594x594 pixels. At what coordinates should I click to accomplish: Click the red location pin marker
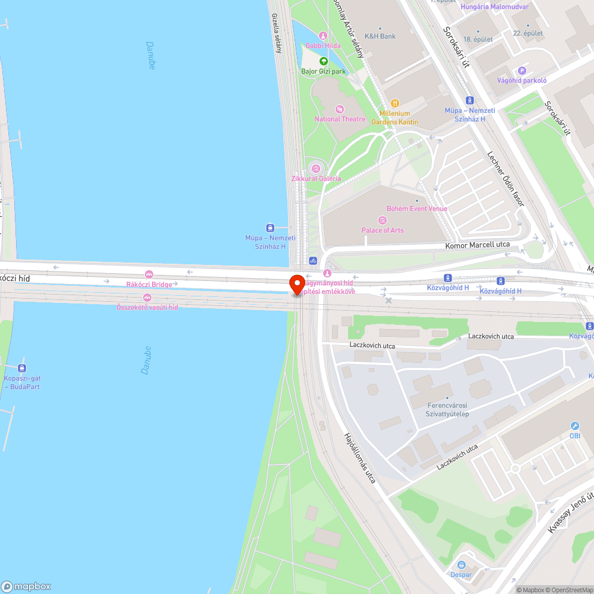point(297,284)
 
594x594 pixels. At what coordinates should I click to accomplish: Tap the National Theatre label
point(340,119)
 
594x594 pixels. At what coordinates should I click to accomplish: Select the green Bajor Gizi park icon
point(323,61)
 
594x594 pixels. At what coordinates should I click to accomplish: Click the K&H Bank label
point(380,36)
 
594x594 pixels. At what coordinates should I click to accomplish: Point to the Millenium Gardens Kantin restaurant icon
point(395,103)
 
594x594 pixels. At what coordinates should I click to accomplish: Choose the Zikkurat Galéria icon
point(316,168)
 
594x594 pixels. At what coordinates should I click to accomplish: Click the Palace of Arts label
point(383,230)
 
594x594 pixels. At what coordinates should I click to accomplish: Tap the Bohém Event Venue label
point(417,208)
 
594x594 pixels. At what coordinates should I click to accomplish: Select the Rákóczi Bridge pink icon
point(149,274)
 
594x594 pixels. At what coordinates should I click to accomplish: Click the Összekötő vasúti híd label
point(147,307)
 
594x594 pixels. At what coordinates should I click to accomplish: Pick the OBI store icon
point(574,426)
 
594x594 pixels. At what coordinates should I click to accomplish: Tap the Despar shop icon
point(462,565)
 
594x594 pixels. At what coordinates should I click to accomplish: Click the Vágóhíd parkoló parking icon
point(522,71)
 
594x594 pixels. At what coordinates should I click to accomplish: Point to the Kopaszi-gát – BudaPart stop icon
point(22,368)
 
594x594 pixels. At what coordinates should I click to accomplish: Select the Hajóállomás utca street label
point(359,457)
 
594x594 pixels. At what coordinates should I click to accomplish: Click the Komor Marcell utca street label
point(478,245)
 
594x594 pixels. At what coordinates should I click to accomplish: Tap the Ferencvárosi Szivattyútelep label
point(448,409)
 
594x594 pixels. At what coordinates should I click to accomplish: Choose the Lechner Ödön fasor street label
point(505,178)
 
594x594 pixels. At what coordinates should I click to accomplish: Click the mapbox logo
point(26,586)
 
